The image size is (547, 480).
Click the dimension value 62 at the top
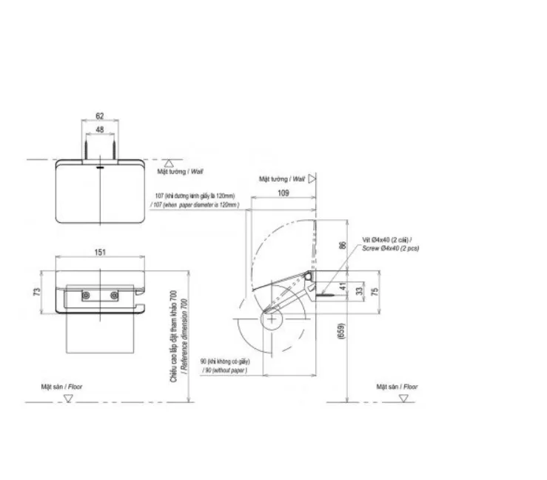pyautogui.click(x=100, y=116)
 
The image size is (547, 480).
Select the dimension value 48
pyautogui.click(x=100, y=130)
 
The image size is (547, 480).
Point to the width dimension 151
pyautogui.click(x=100, y=252)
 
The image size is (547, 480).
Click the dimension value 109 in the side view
pyautogui.click(x=283, y=193)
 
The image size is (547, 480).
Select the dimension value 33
pyautogui.click(x=360, y=291)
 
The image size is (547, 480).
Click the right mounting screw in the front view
pyautogui.click(x=115, y=296)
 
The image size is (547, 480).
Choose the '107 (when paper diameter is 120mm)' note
pyautogui.click(x=195, y=204)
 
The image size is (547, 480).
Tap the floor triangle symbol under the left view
pyautogui.click(x=68, y=398)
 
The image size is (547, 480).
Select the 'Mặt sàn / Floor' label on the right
pyautogui.click(x=397, y=387)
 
